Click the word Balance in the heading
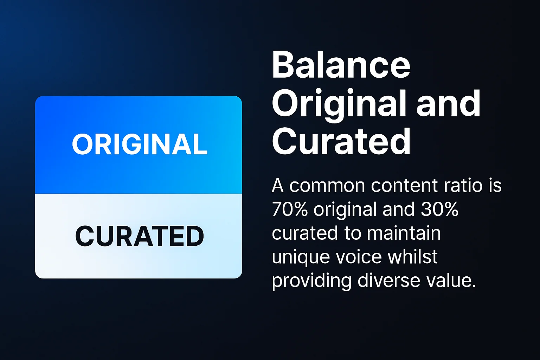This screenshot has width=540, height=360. tap(341, 66)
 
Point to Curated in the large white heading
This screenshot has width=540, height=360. tap(341, 141)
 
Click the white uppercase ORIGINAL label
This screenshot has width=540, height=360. tap(140, 144)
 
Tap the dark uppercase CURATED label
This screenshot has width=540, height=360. tap(140, 236)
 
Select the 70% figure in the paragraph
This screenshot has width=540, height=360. tap(290, 210)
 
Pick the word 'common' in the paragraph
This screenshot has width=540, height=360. tap(327, 186)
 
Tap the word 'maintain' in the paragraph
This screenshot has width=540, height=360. tap(404, 233)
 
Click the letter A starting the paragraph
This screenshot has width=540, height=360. tap(277, 186)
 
